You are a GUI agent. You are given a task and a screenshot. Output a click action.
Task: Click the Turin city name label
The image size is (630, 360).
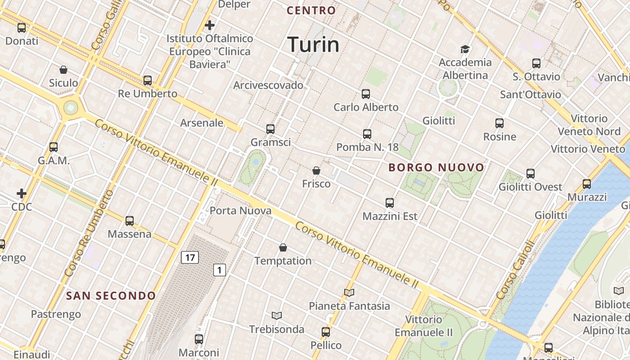[x=313, y=45]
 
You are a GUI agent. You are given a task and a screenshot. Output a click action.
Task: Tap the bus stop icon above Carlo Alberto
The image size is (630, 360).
[x=366, y=94]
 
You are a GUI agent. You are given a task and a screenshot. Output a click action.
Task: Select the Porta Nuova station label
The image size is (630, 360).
[x=240, y=211]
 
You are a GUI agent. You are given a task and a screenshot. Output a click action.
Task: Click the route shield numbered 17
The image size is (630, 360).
[x=190, y=257]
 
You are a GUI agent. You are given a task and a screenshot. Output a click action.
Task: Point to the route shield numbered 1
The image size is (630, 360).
[x=219, y=270]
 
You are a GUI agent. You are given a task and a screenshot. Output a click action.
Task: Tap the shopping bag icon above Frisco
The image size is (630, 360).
[x=316, y=171]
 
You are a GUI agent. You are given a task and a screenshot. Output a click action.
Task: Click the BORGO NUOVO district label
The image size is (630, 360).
[x=436, y=168]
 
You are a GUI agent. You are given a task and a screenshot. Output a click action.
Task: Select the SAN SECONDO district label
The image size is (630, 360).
[x=111, y=296]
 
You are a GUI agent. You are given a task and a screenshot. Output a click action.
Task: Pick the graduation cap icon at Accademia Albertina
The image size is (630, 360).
[x=465, y=49]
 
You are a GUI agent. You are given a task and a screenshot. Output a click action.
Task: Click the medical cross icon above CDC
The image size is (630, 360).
[x=22, y=193]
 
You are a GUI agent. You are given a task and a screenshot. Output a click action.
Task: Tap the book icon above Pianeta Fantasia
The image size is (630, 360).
[x=349, y=293]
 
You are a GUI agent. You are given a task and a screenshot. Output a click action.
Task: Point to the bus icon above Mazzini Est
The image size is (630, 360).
[x=390, y=203]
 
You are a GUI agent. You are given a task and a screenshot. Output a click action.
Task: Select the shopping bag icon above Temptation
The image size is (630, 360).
[x=283, y=247]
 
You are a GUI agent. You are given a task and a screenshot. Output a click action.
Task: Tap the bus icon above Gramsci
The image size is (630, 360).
[x=270, y=129]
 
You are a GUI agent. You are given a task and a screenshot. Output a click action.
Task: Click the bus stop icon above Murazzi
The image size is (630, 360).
[x=587, y=184]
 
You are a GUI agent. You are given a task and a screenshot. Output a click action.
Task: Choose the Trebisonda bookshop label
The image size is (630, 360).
[x=277, y=329]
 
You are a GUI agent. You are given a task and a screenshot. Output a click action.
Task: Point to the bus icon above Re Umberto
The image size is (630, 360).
[x=148, y=81]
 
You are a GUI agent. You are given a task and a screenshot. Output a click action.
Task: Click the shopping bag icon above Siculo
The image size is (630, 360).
[x=63, y=70]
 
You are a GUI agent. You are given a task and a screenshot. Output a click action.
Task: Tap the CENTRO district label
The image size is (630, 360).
[x=311, y=10]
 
